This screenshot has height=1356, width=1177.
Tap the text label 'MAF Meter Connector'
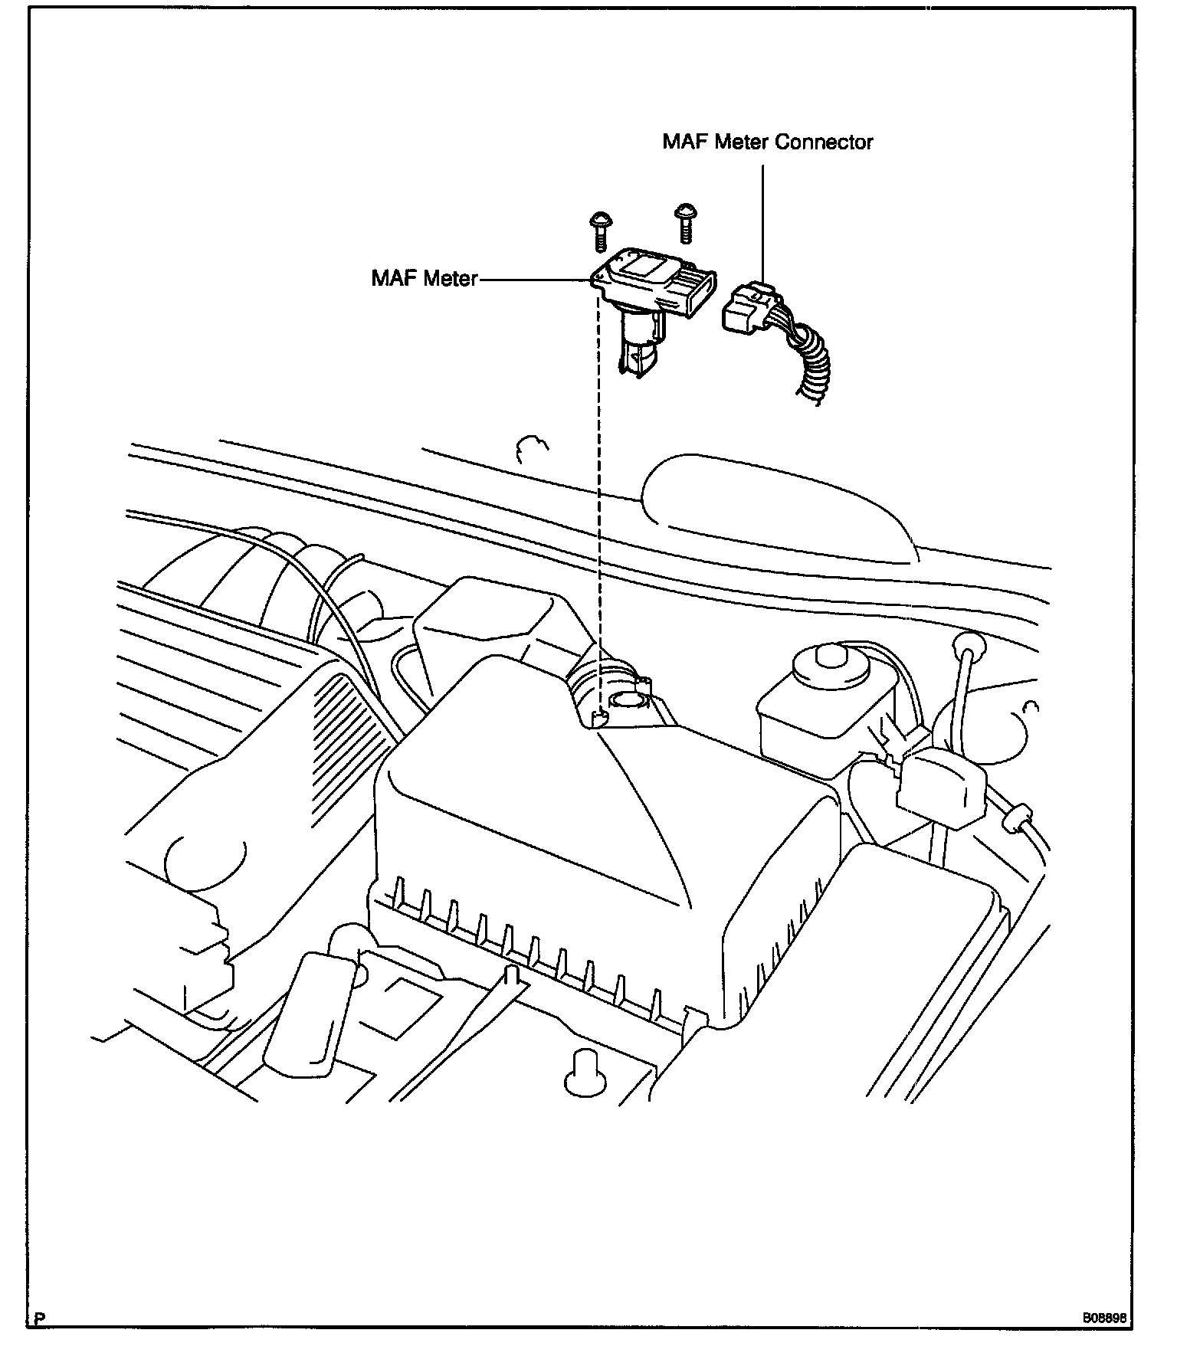[x=768, y=142]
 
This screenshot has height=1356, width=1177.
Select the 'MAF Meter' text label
[x=424, y=278]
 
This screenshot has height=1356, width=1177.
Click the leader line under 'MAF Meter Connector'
[x=763, y=222]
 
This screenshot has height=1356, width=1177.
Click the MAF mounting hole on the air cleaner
[x=627, y=699]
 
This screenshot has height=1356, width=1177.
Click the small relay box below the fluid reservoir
[x=941, y=789]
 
